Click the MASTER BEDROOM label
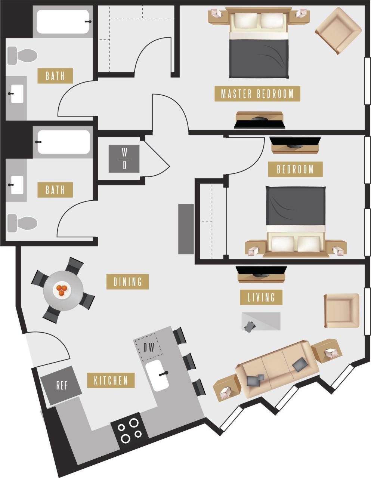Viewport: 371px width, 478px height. coord(257,93)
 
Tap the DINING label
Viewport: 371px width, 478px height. coord(127,281)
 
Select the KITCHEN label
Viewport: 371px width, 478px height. coord(111,380)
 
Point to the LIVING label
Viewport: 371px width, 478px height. coord(261,297)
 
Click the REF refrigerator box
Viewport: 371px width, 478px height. coord(61,385)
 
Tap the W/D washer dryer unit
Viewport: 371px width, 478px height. coord(124,159)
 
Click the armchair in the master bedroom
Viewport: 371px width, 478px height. coord(338,31)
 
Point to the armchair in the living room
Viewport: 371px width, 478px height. coord(341,311)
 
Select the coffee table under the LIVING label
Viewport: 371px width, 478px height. coord(261,321)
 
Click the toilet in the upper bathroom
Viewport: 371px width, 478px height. coord(22,55)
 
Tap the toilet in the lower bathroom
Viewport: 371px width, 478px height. coord(22,223)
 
